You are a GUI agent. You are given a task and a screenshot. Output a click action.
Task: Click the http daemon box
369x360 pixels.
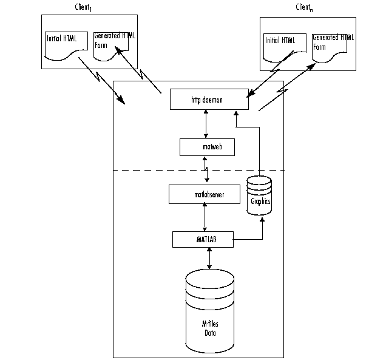[209, 100]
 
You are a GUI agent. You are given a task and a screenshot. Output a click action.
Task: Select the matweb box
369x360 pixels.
[208, 147]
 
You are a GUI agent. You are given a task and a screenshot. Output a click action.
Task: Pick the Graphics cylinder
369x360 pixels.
[260, 195]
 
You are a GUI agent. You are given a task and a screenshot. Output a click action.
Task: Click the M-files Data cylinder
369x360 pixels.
[209, 310]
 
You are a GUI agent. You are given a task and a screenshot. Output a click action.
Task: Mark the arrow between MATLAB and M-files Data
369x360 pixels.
[209, 257]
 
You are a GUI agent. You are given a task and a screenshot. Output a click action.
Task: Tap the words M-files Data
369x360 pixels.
[209, 328]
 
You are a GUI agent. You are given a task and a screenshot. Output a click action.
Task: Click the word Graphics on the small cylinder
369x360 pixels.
[260, 200]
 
